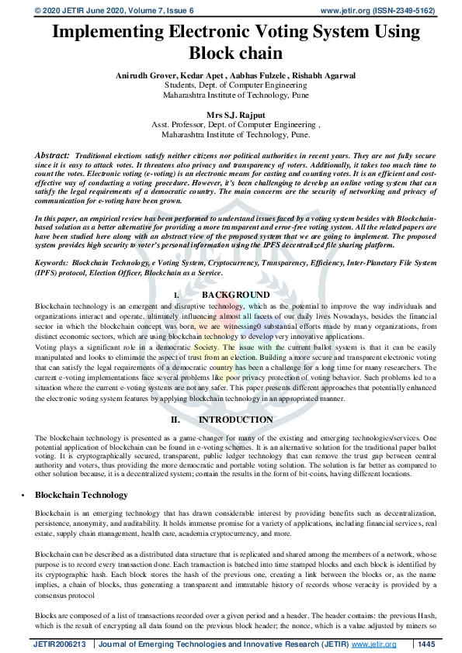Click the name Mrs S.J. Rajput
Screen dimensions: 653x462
point(231,114)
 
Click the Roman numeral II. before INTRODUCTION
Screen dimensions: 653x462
point(176,420)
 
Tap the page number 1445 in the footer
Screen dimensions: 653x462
point(426,644)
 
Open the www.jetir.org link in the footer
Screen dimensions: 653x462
point(373,644)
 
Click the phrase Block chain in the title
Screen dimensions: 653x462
point(231,54)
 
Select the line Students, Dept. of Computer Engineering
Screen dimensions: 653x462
point(231,85)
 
